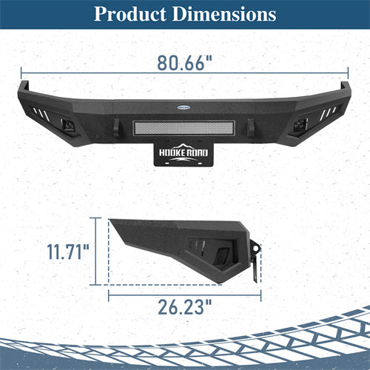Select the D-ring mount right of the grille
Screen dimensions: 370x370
point(250,129)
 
